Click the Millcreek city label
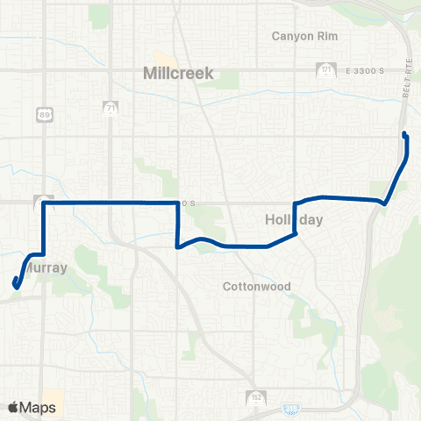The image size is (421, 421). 178,75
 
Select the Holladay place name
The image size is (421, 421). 294,220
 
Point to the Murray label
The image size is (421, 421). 46,268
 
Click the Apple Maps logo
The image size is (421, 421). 31,407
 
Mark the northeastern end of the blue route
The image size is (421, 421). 404,133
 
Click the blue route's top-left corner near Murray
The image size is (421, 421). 44,203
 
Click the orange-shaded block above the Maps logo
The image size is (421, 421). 54,396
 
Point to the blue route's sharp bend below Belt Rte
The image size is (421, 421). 384,203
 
